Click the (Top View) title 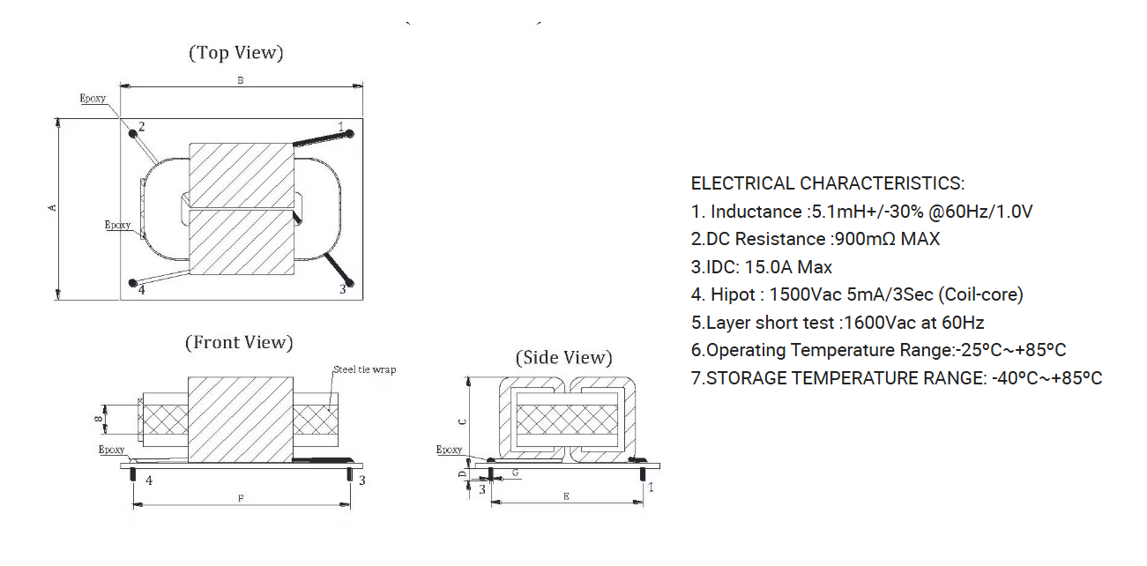pos(236,53)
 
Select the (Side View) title pos(563,357)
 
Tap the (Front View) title pos(239,342)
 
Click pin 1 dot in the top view pos(350,134)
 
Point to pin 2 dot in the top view pos(133,133)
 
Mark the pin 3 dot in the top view pos(350,283)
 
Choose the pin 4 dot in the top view pos(133,283)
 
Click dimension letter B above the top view pos(240,80)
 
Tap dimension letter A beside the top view pos(52,207)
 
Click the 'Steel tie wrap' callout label pos(364,369)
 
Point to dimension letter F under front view pos(241,499)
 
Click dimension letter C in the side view pos(460,421)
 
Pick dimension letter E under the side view pos(565,497)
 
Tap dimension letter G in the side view pos(515,473)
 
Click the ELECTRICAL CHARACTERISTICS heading pos(827,183)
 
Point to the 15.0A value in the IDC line pos(771,267)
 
